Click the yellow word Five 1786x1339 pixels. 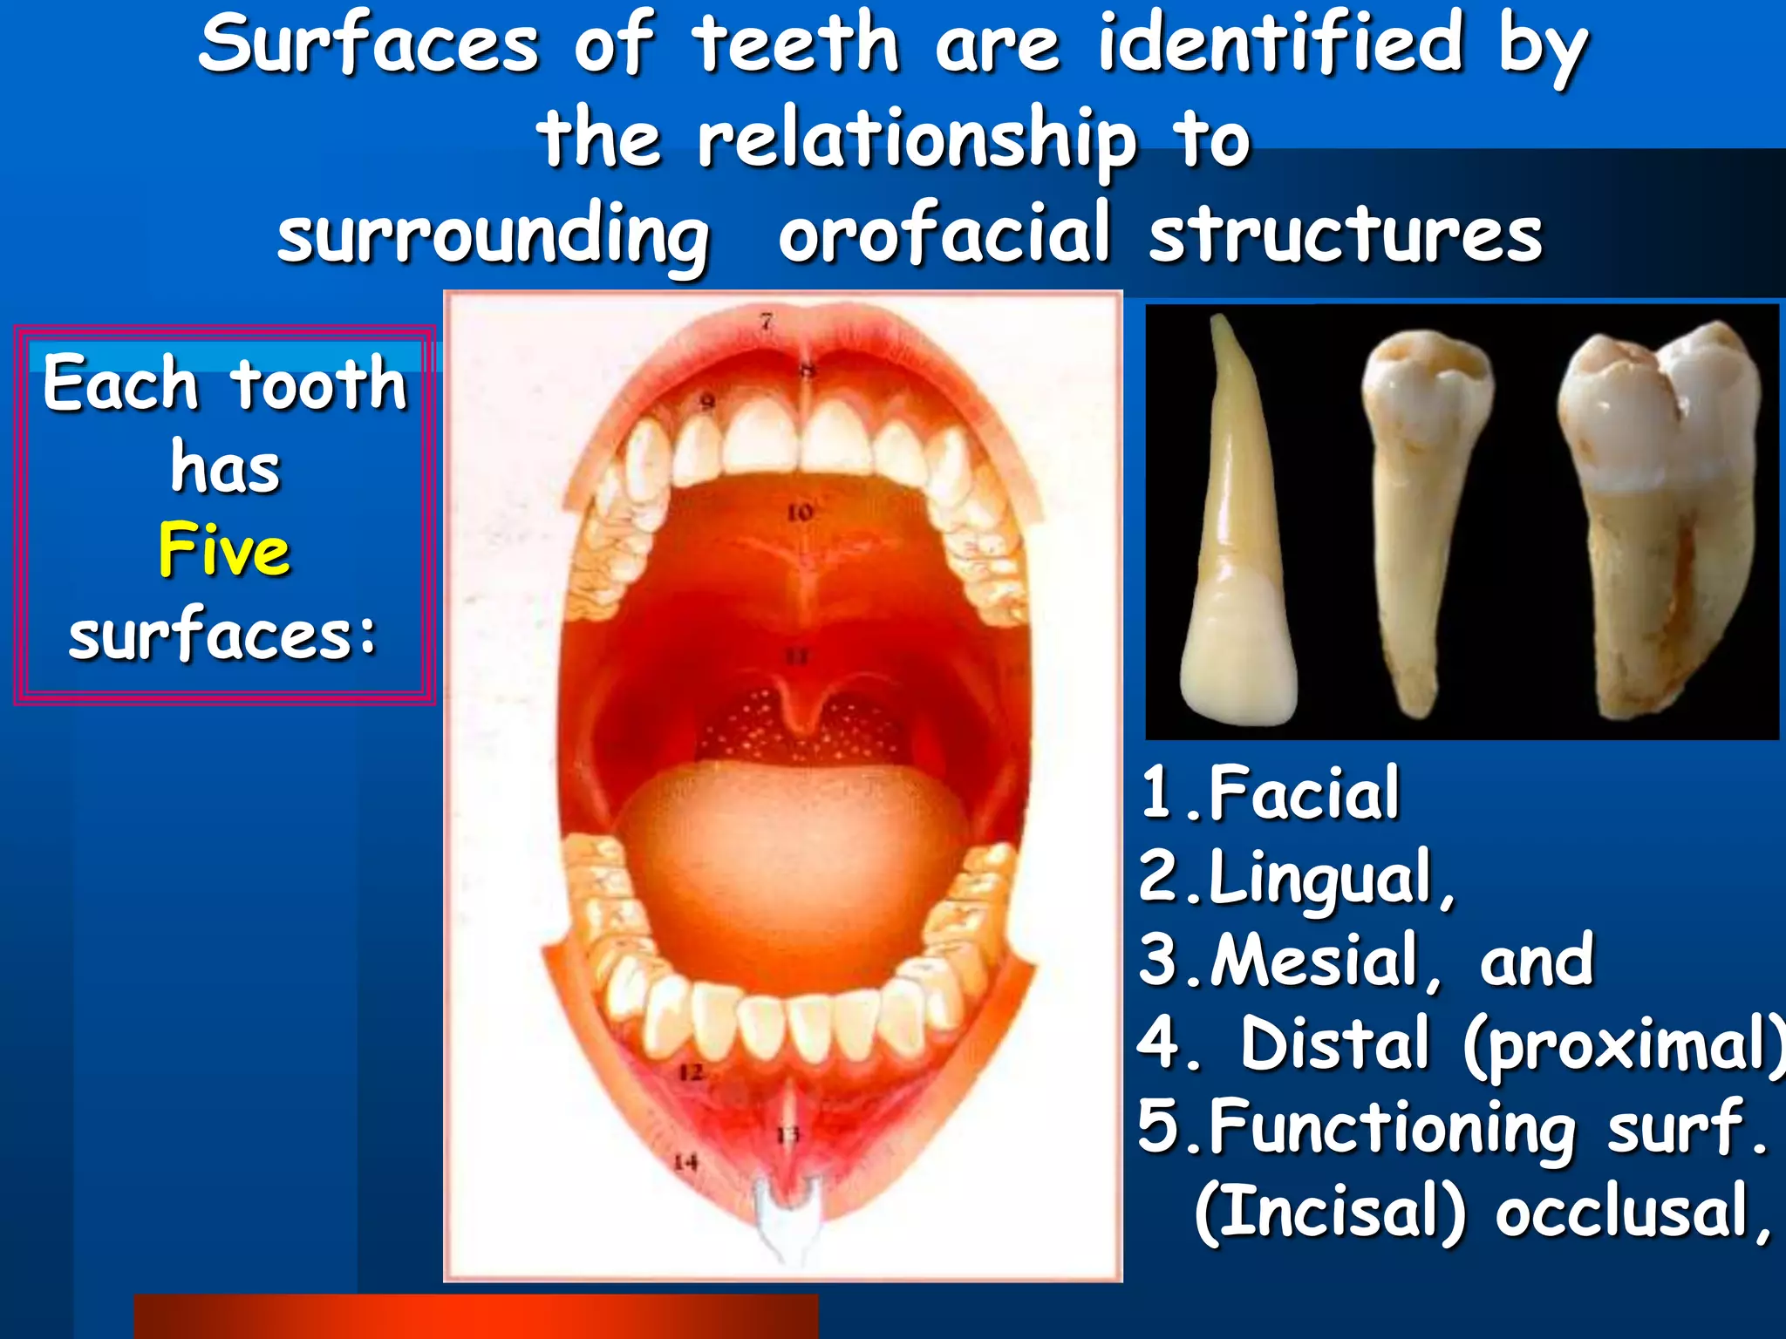pos(224,551)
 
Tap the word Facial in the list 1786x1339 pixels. pos(1304,792)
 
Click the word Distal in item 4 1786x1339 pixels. pos(1335,1043)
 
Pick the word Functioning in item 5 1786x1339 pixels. pos(1394,1128)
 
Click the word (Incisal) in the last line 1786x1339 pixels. pos(1330,1212)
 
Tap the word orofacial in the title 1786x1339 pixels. pos(944,234)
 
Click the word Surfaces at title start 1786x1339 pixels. pos(368,45)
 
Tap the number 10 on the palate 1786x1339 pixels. pos(800,513)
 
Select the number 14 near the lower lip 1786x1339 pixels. pos(686,1162)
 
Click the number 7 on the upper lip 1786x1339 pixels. pos(766,322)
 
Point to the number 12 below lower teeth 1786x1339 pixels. pos(691,1072)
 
